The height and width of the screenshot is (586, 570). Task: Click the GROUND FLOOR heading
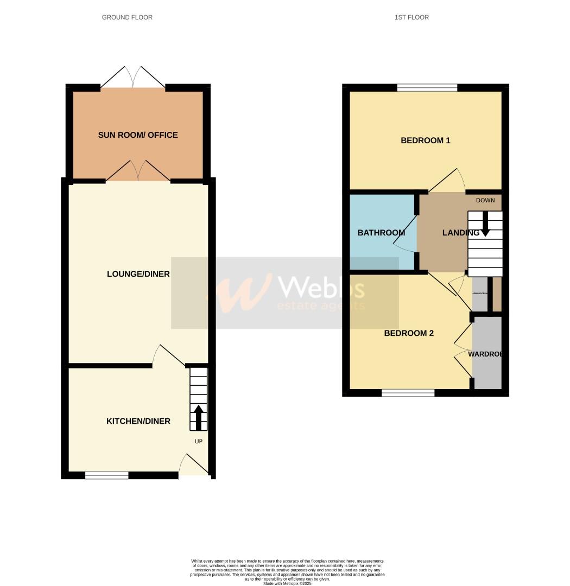(127, 17)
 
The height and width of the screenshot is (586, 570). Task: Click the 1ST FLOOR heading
(411, 17)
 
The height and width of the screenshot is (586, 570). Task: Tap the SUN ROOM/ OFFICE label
(138, 135)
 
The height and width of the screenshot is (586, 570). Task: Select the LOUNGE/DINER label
(138, 274)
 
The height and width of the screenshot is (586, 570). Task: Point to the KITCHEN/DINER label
(138, 421)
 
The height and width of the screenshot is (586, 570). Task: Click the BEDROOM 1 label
(426, 141)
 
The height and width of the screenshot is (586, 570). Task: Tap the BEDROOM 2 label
(409, 333)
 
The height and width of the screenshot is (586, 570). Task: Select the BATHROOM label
(381, 233)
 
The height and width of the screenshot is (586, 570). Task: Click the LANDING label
(460, 233)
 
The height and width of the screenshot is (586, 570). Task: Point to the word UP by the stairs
(199, 442)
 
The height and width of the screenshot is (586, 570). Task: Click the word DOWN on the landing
(485, 200)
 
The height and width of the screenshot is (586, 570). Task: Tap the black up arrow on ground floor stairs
(199, 416)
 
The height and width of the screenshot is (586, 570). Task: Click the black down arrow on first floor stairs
(485, 224)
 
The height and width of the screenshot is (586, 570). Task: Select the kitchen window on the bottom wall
(107, 475)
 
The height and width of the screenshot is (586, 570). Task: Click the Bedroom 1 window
(427, 87)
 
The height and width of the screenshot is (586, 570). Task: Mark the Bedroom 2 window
(408, 393)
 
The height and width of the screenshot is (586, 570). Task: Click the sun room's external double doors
(133, 78)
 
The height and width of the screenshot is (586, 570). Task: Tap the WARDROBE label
(486, 354)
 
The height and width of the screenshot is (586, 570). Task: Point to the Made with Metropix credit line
(288, 583)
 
